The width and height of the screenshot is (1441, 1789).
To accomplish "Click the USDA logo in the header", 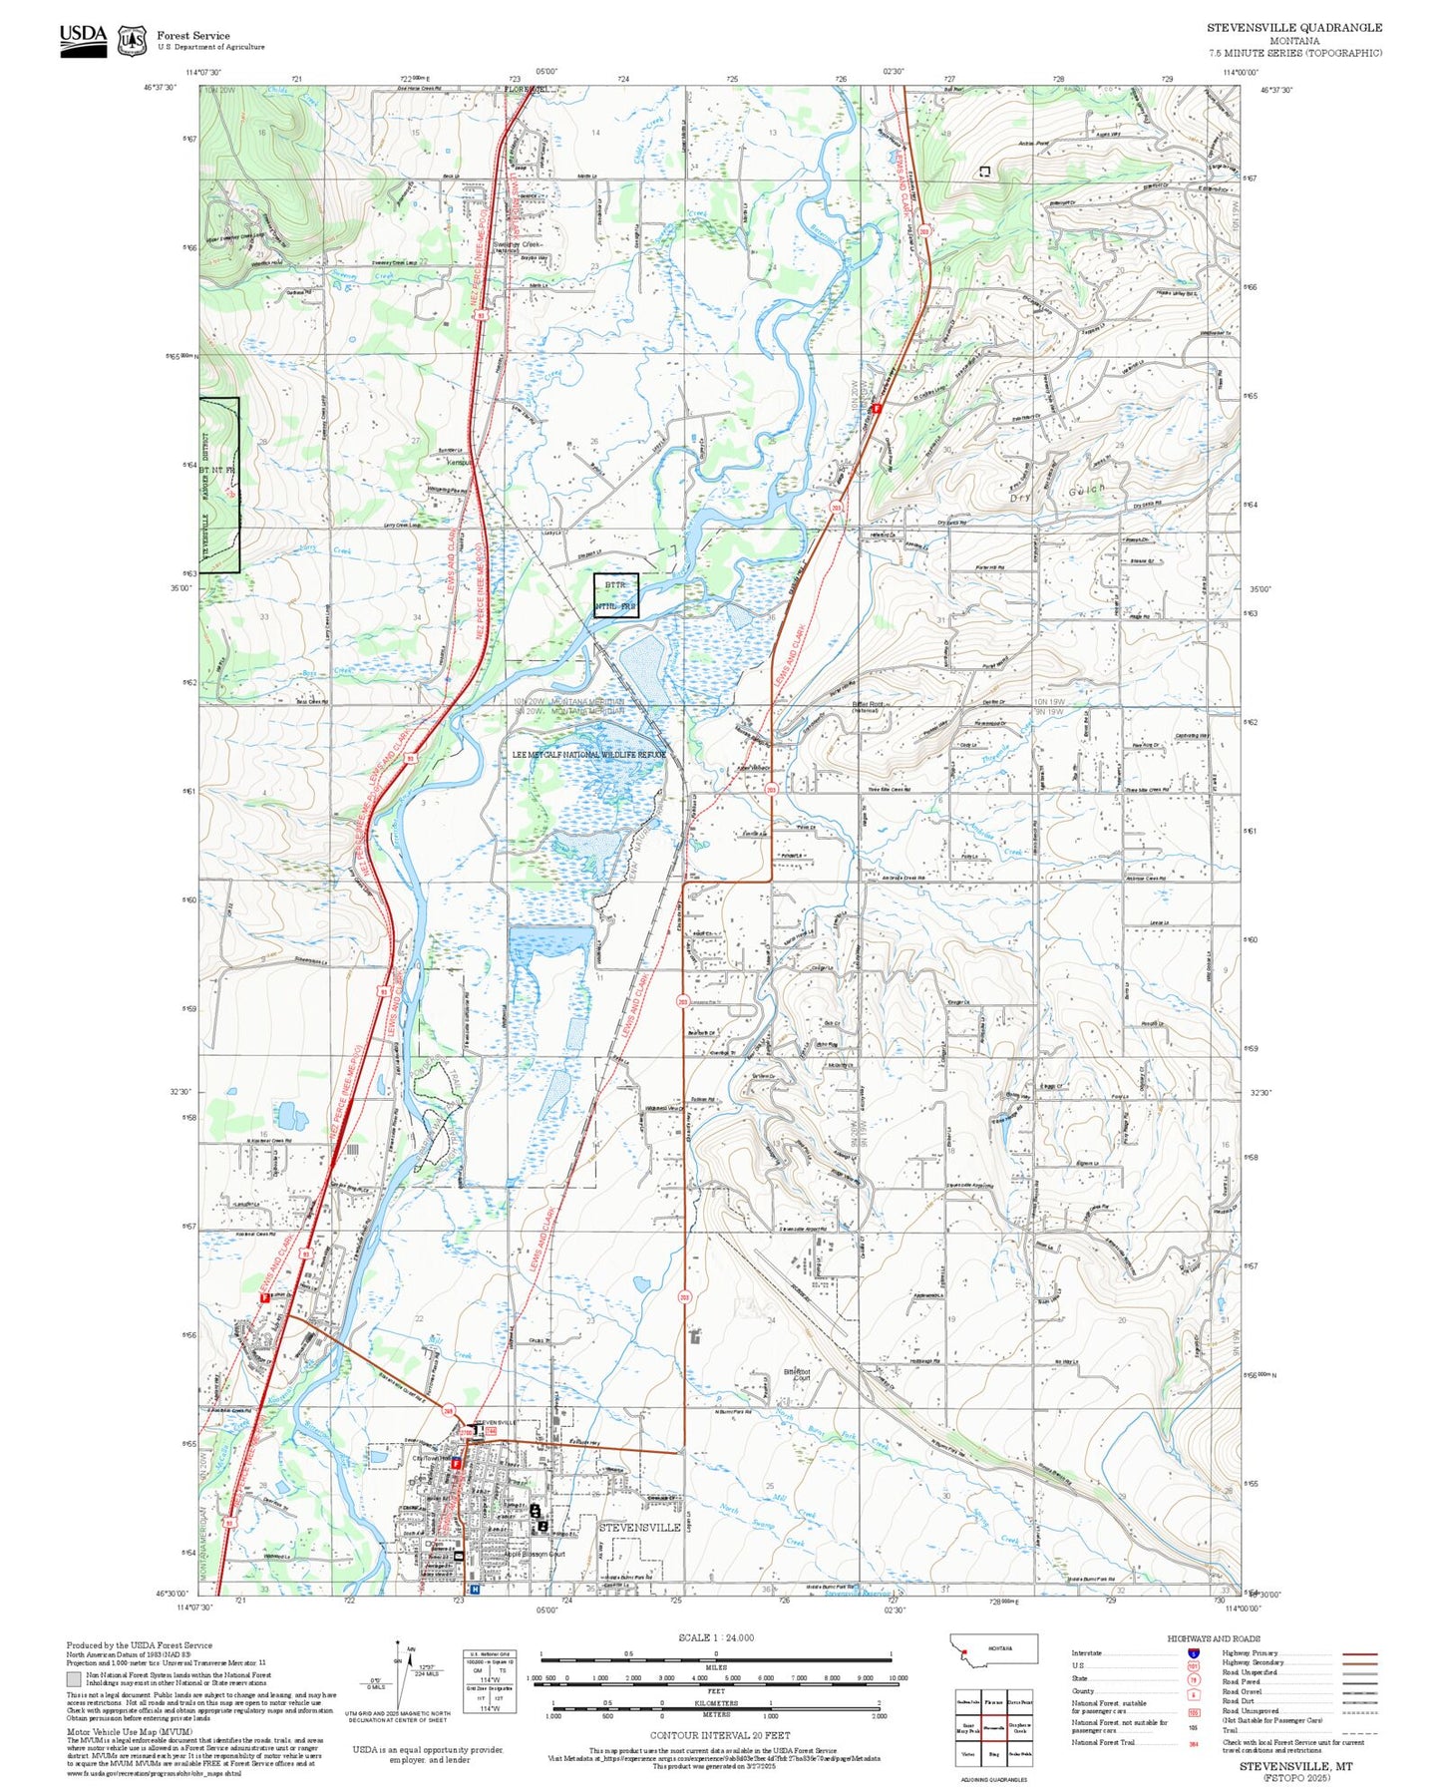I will (x=83, y=40).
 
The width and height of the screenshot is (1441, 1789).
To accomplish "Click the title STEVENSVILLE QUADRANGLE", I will (x=1293, y=28).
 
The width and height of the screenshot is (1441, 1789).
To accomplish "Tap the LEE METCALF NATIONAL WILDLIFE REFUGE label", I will (x=588, y=755).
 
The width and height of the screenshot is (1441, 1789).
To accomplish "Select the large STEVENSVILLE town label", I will (x=639, y=1527).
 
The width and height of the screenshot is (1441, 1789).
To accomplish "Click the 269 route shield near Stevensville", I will (x=449, y=1410).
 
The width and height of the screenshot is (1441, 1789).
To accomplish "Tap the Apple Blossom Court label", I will (x=535, y=1554).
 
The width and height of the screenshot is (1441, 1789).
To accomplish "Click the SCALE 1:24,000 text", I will (x=715, y=1637).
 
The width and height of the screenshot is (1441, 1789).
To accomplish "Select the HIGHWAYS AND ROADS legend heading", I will (x=1214, y=1638).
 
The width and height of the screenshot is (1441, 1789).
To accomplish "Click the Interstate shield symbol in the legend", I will (x=1193, y=1652).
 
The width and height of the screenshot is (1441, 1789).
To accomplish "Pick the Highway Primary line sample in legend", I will (x=1359, y=1653).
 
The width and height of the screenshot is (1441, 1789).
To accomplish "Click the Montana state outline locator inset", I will (x=993, y=1648).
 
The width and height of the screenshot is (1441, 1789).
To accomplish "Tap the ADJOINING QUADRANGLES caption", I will (x=992, y=1779).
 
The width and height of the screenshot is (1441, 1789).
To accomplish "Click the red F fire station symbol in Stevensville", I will (x=457, y=1463).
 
